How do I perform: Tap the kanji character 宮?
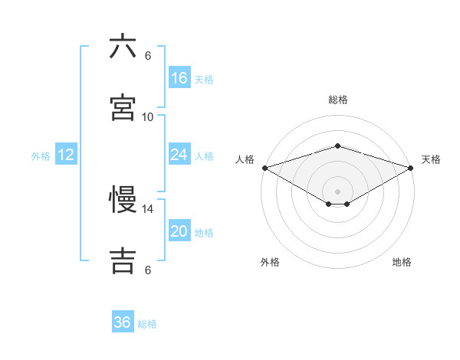pos(123,108)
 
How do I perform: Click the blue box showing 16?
pos(179,78)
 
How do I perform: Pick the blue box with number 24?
pos(179,155)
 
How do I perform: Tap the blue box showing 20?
pos(179,232)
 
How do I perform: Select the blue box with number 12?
pos(66,155)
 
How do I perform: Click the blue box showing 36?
pos(123,322)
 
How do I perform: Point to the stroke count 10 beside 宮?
pos(148,116)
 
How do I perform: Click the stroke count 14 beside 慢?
pos(148,208)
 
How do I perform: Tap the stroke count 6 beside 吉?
pos(148,270)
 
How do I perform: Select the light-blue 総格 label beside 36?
pos(147,324)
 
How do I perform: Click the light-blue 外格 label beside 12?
pos(41,156)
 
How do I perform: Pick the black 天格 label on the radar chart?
pos(431,159)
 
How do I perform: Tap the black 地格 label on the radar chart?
pos(402,262)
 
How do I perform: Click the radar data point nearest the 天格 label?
pos(410,167)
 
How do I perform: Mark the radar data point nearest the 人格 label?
pos(264,167)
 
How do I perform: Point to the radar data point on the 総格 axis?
pos(337,146)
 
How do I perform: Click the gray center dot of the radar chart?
pos(337,191)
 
